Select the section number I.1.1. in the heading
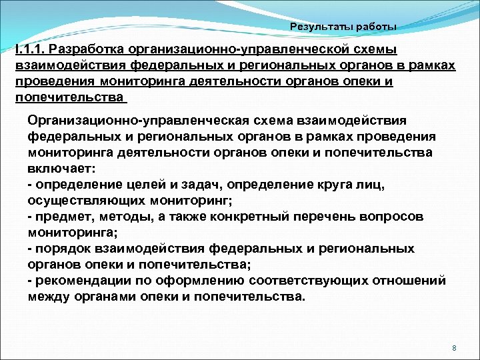point(29,50)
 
